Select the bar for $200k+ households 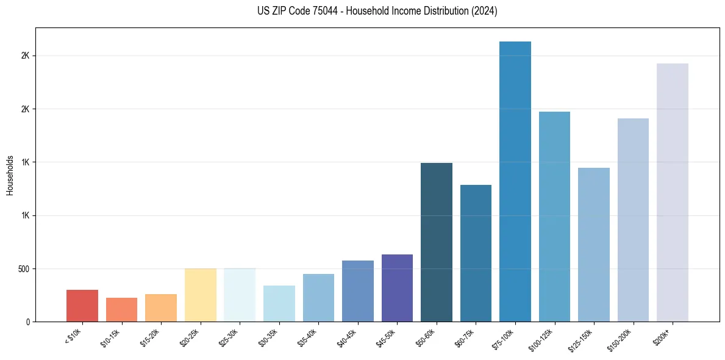673,193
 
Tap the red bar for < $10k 82,306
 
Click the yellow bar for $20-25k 201,295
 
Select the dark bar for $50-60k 437,242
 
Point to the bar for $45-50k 397,288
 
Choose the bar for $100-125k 554,217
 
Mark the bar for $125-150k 594,245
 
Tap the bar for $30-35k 279,304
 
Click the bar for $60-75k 476,253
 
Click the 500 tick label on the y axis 24,269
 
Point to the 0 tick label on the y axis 28,322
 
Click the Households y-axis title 10,175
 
